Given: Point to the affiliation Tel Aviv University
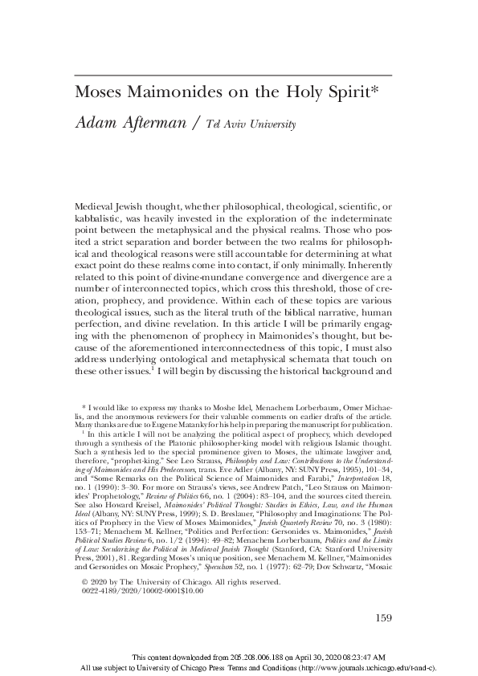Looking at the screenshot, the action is click(251, 125).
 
